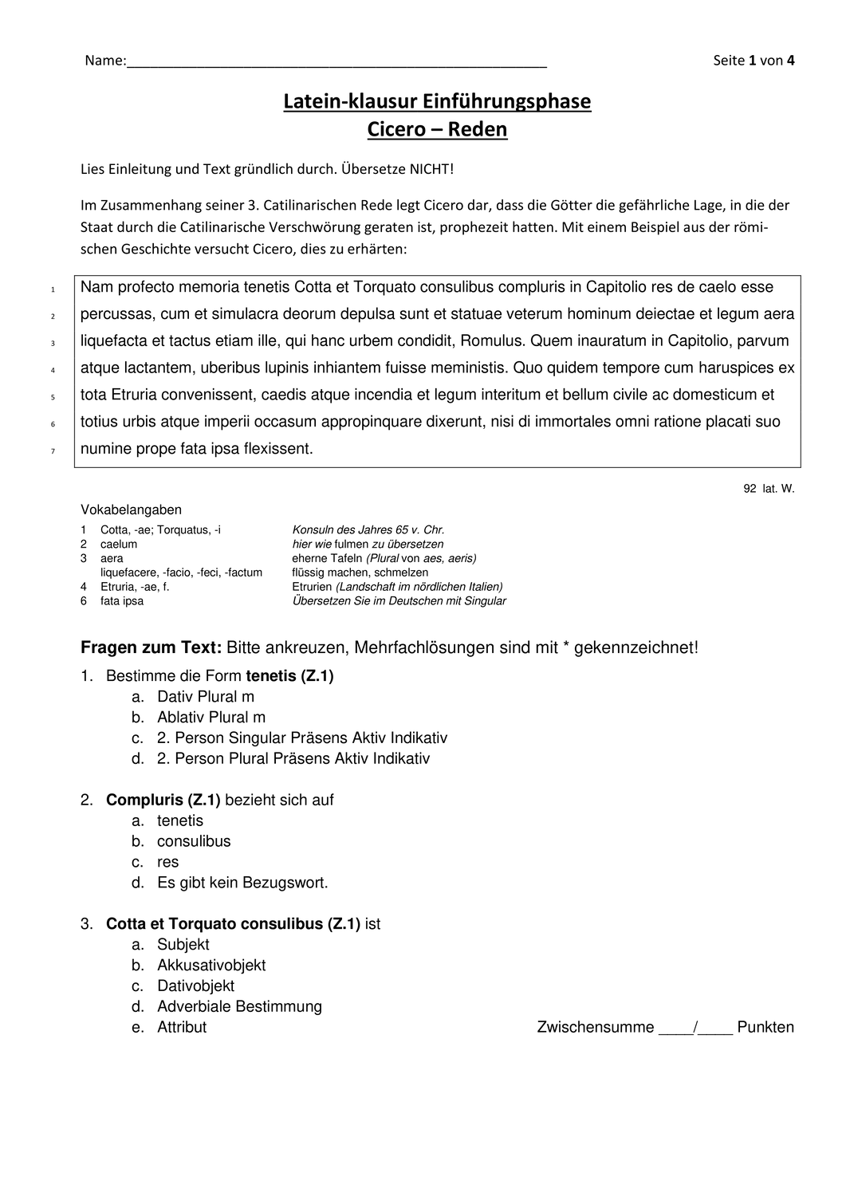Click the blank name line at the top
335,61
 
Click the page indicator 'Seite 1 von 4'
754,61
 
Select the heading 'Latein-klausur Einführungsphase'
437,101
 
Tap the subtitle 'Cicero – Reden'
437,129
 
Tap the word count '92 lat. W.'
769,489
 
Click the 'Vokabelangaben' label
131,509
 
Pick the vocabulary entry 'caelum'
119,544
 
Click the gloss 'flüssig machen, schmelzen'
360,572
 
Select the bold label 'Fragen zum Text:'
151,647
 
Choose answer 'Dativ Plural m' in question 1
205,697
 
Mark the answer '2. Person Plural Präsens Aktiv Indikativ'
293,758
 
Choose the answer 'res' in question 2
167,862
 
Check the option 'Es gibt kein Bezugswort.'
242,883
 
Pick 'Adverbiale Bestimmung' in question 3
239,1006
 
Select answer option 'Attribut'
182,1027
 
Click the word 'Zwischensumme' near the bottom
596,1027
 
